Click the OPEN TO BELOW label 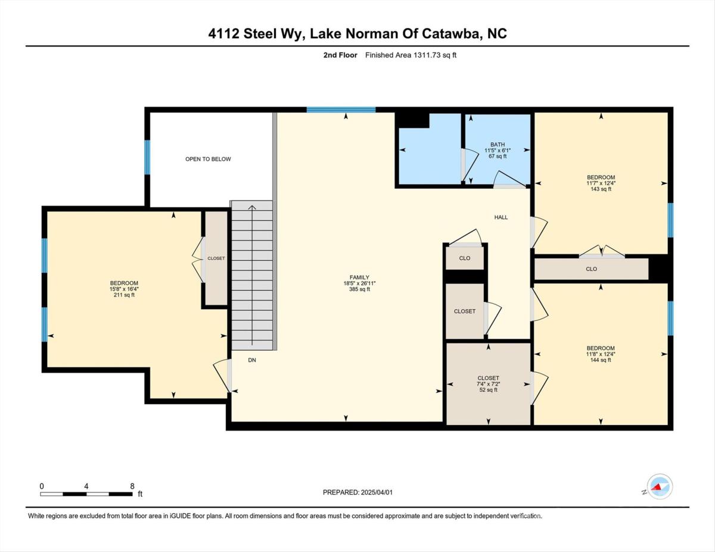point(208,159)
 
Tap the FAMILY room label point(359,277)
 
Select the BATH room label point(497,144)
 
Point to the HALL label point(500,217)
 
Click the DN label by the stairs point(252,360)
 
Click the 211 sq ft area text point(124,295)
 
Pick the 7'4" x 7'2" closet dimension point(489,384)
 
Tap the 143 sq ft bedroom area point(601,189)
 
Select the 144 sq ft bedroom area point(601,360)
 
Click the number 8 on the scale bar point(132,486)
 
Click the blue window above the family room point(341,110)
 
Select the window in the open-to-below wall point(147,157)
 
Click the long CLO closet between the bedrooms point(591,269)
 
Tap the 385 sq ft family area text point(359,289)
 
